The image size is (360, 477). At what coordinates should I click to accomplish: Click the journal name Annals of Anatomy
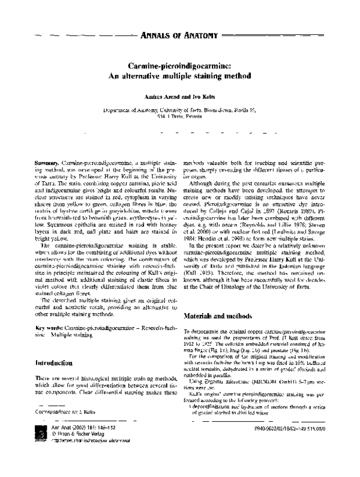coord(178,37)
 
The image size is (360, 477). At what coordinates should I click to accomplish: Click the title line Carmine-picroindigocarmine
coord(180,68)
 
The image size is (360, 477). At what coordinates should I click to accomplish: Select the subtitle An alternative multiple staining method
coord(180,79)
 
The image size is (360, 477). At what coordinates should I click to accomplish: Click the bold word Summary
coord(47,163)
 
